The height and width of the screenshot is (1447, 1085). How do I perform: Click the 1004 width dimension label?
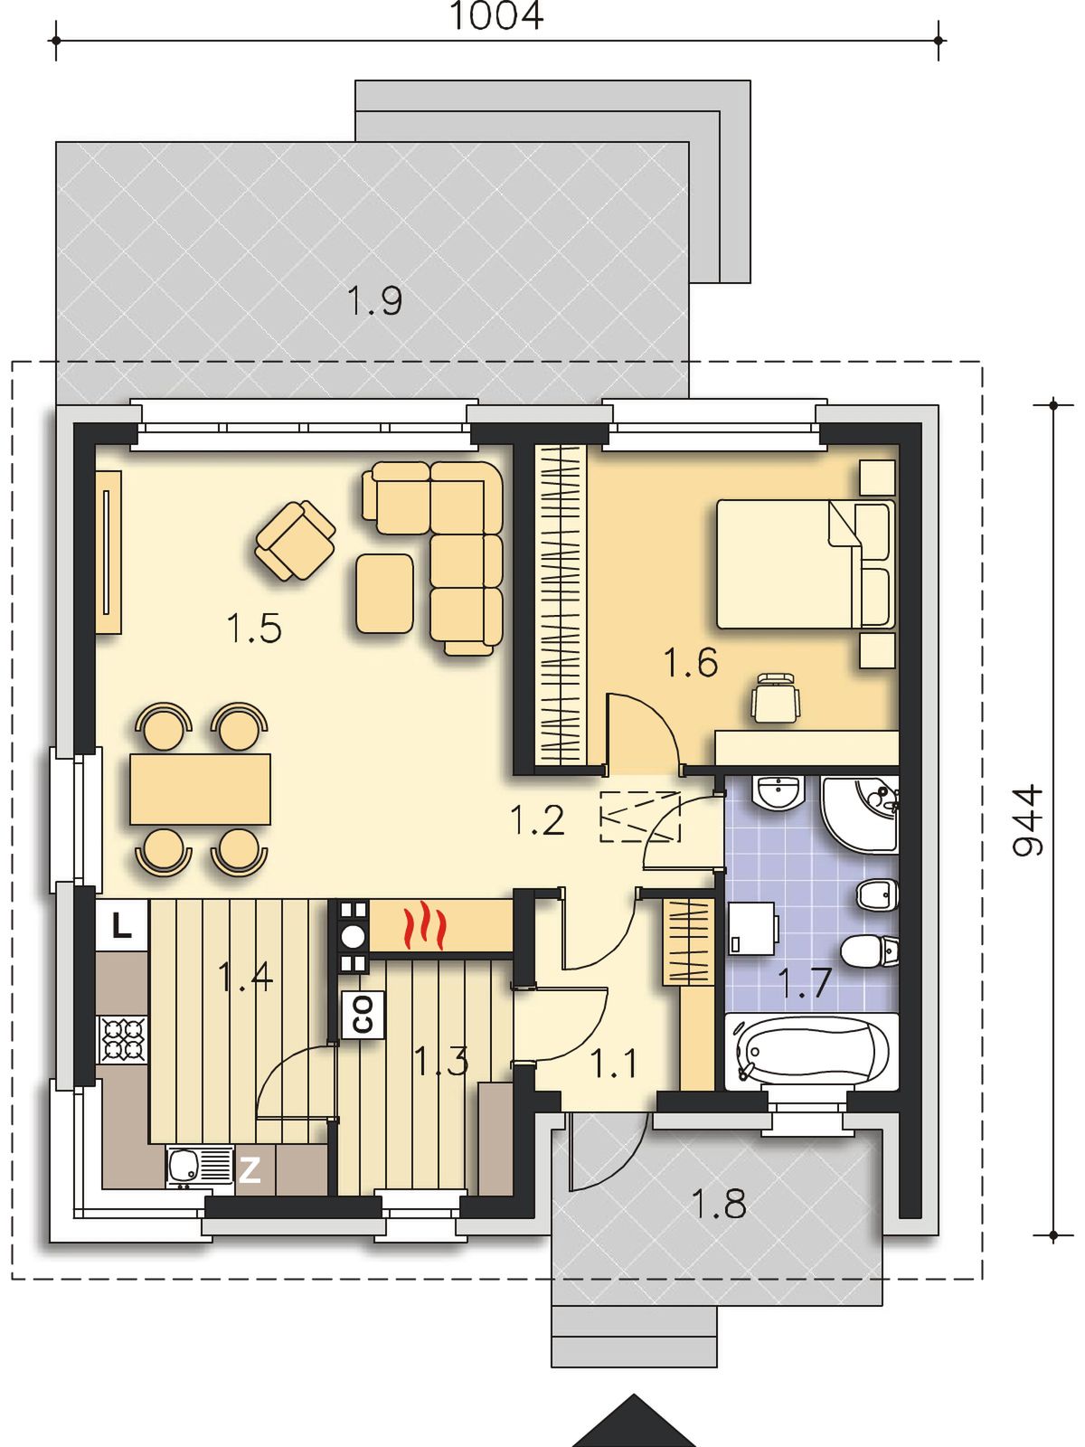click(x=496, y=15)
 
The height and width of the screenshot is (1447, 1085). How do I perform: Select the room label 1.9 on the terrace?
click(x=374, y=300)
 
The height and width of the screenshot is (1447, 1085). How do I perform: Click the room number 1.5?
click(x=254, y=628)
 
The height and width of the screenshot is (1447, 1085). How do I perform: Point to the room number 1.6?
click(x=691, y=663)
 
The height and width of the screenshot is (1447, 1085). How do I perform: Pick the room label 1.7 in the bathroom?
click(x=805, y=983)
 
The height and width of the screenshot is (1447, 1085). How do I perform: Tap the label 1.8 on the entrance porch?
click(x=719, y=1203)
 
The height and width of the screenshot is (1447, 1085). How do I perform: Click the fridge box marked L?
click(x=121, y=925)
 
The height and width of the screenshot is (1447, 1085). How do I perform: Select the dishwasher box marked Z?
click(x=250, y=1170)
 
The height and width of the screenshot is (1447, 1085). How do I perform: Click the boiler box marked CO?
click(x=363, y=1015)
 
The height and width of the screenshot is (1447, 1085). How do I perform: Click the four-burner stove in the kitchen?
click(x=123, y=1040)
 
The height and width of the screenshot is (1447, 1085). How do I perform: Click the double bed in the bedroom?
click(x=806, y=563)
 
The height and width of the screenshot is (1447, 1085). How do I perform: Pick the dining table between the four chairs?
click(x=200, y=790)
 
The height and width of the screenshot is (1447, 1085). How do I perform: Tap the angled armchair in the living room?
click(x=295, y=541)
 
